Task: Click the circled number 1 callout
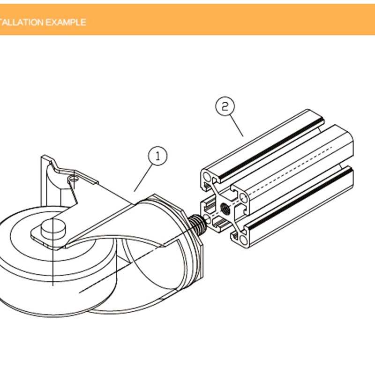pyautogui.click(x=157, y=156)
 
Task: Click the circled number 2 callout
pyautogui.click(x=225, y=106)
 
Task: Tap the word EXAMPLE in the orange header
pyautogui.click(x=66, y=22)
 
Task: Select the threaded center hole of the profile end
pyautogui.click(x=225, y=208)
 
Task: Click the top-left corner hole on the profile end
pyautogui.click(x=207, y=177)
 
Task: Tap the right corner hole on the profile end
pyautogui.click(x=243, y=198)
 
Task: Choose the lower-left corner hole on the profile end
pyautogui.click(x=207, y=218)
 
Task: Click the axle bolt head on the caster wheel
pyautogui.click(x=53, y=229)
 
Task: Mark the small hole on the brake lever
pyautogui.click(x=73, y=179)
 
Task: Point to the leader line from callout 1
pyautogui.click(x=143, y=178)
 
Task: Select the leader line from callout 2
pyautogui.click(x=237, y=126)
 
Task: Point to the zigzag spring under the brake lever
pyautogui.click(x=73, y=191)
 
